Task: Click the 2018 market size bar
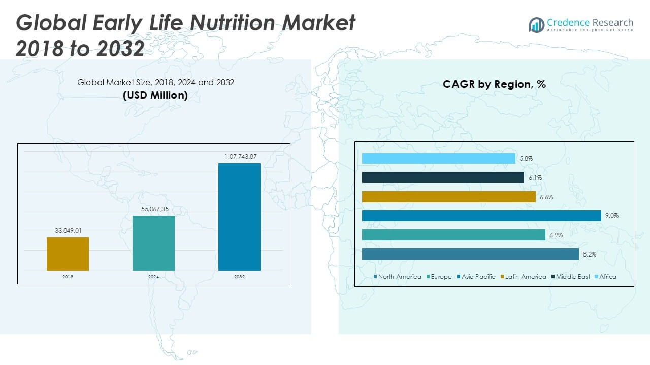tap(68, 253)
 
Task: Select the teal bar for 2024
tap(153, 243)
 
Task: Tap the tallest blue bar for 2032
tap(239, 216)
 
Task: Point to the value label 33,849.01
tap(68, 231)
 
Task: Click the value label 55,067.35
tap(153, 209)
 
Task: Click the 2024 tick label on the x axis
tap(153, 277)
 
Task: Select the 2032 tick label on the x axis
tap(239, 277)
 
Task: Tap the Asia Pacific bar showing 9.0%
tap(481, 216)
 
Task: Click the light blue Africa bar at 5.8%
tap(439, 159)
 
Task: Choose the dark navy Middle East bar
tap(443, 177)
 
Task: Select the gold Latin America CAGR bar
tap(449, 197)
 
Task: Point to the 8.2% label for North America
tap(589, 254)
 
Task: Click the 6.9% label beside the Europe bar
tap(555, 235)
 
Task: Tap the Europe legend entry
tap(438, 277)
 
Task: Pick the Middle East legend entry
tap(570, 277)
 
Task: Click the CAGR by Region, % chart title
tap(494, 84)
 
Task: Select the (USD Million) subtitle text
tap(155, 95)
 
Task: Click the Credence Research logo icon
tap(536, 25)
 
